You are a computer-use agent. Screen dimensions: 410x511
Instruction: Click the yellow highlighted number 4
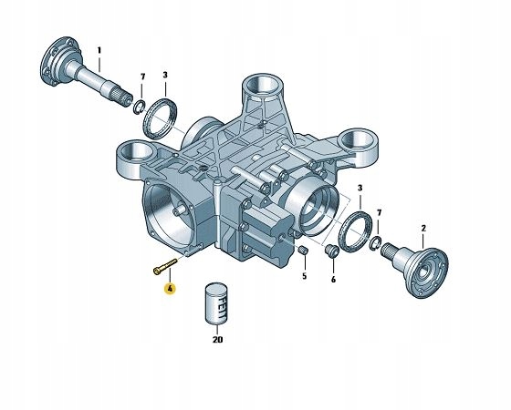[169, 289]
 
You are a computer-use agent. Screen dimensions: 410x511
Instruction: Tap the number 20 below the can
[216, 341]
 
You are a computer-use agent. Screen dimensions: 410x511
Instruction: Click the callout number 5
[304, 275]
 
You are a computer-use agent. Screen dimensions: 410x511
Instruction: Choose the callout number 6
[334, 280]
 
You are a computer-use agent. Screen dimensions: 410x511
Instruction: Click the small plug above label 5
[304, 250]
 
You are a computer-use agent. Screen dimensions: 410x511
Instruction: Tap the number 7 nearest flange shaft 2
[380, 212]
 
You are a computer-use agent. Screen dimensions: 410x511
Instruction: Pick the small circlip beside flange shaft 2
[376, 241]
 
